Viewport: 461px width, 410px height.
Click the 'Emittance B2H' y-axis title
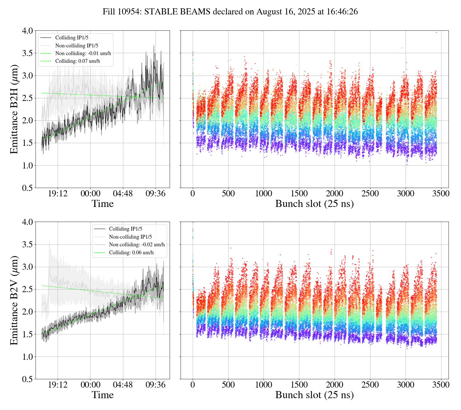[14, 109]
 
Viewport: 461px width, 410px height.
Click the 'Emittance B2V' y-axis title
[14, 300]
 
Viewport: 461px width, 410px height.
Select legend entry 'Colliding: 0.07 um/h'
[78, 61]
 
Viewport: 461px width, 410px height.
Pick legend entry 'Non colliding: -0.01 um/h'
[83, 53]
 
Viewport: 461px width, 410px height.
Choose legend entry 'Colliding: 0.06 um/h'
[131, 252]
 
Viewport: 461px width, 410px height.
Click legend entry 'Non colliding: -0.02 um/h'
[137, 245]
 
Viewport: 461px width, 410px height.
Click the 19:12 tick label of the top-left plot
[58, 194]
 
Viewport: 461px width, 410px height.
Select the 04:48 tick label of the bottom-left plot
[123, 385]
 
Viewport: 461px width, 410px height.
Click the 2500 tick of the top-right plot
[370, 194]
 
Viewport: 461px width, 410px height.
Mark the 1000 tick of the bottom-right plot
[263, 385]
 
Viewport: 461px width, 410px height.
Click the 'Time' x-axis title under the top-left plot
[102, 204]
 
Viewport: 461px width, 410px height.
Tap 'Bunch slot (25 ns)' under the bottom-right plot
[314, 395]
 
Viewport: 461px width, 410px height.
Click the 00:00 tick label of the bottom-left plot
[90, 385]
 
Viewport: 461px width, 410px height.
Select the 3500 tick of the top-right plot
[441, 194]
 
